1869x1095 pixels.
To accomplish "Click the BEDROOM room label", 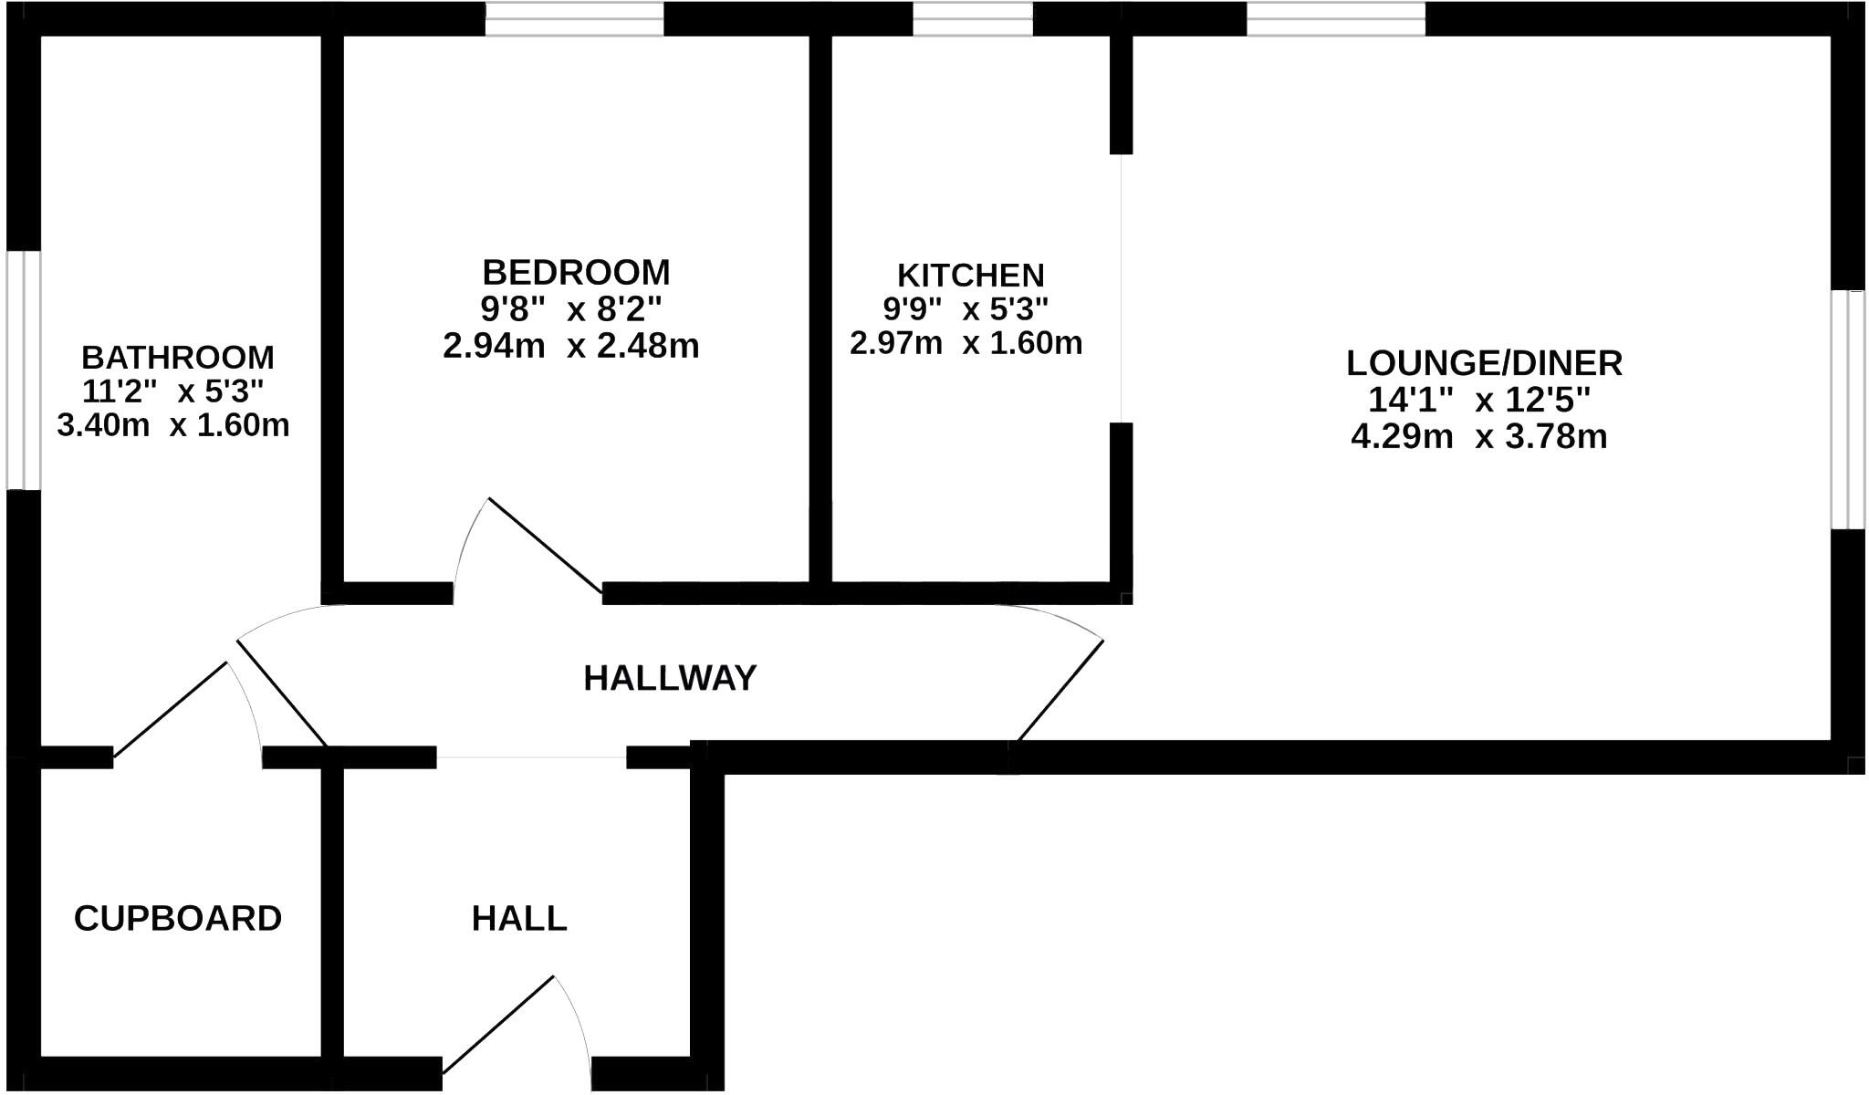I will tap(576, 273).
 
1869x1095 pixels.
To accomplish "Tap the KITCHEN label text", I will tap(970, 276).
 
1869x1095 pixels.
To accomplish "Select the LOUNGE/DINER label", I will tap(1484, 363).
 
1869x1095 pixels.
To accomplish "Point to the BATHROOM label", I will tap(177, 357).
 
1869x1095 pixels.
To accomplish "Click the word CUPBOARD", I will tap(178, 918).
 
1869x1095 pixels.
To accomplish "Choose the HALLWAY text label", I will tap(670, 678).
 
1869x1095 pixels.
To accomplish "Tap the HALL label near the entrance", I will tap(518, 918).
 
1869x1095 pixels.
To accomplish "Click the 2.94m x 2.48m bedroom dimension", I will tap(570, 347).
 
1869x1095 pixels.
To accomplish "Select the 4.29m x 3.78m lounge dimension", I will tap(1478, 437).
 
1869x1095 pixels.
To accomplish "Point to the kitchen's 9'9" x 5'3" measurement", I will tap(966, 309).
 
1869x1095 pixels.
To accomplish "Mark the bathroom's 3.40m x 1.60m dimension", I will tap(173, 425).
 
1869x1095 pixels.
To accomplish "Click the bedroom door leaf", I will tap(545, 546).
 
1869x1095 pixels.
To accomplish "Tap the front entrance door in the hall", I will tap(498, 1024).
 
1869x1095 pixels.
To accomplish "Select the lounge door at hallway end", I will tap(1060, 690).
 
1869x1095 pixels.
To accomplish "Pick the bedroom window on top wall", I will tap(574, 19).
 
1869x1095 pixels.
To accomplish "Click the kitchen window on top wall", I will tap(973, 19).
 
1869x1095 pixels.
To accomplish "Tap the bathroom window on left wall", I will tap(24, 370).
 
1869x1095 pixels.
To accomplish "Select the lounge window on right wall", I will tap(1849, 410).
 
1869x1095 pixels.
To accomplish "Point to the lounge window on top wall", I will tap(1336, 19).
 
